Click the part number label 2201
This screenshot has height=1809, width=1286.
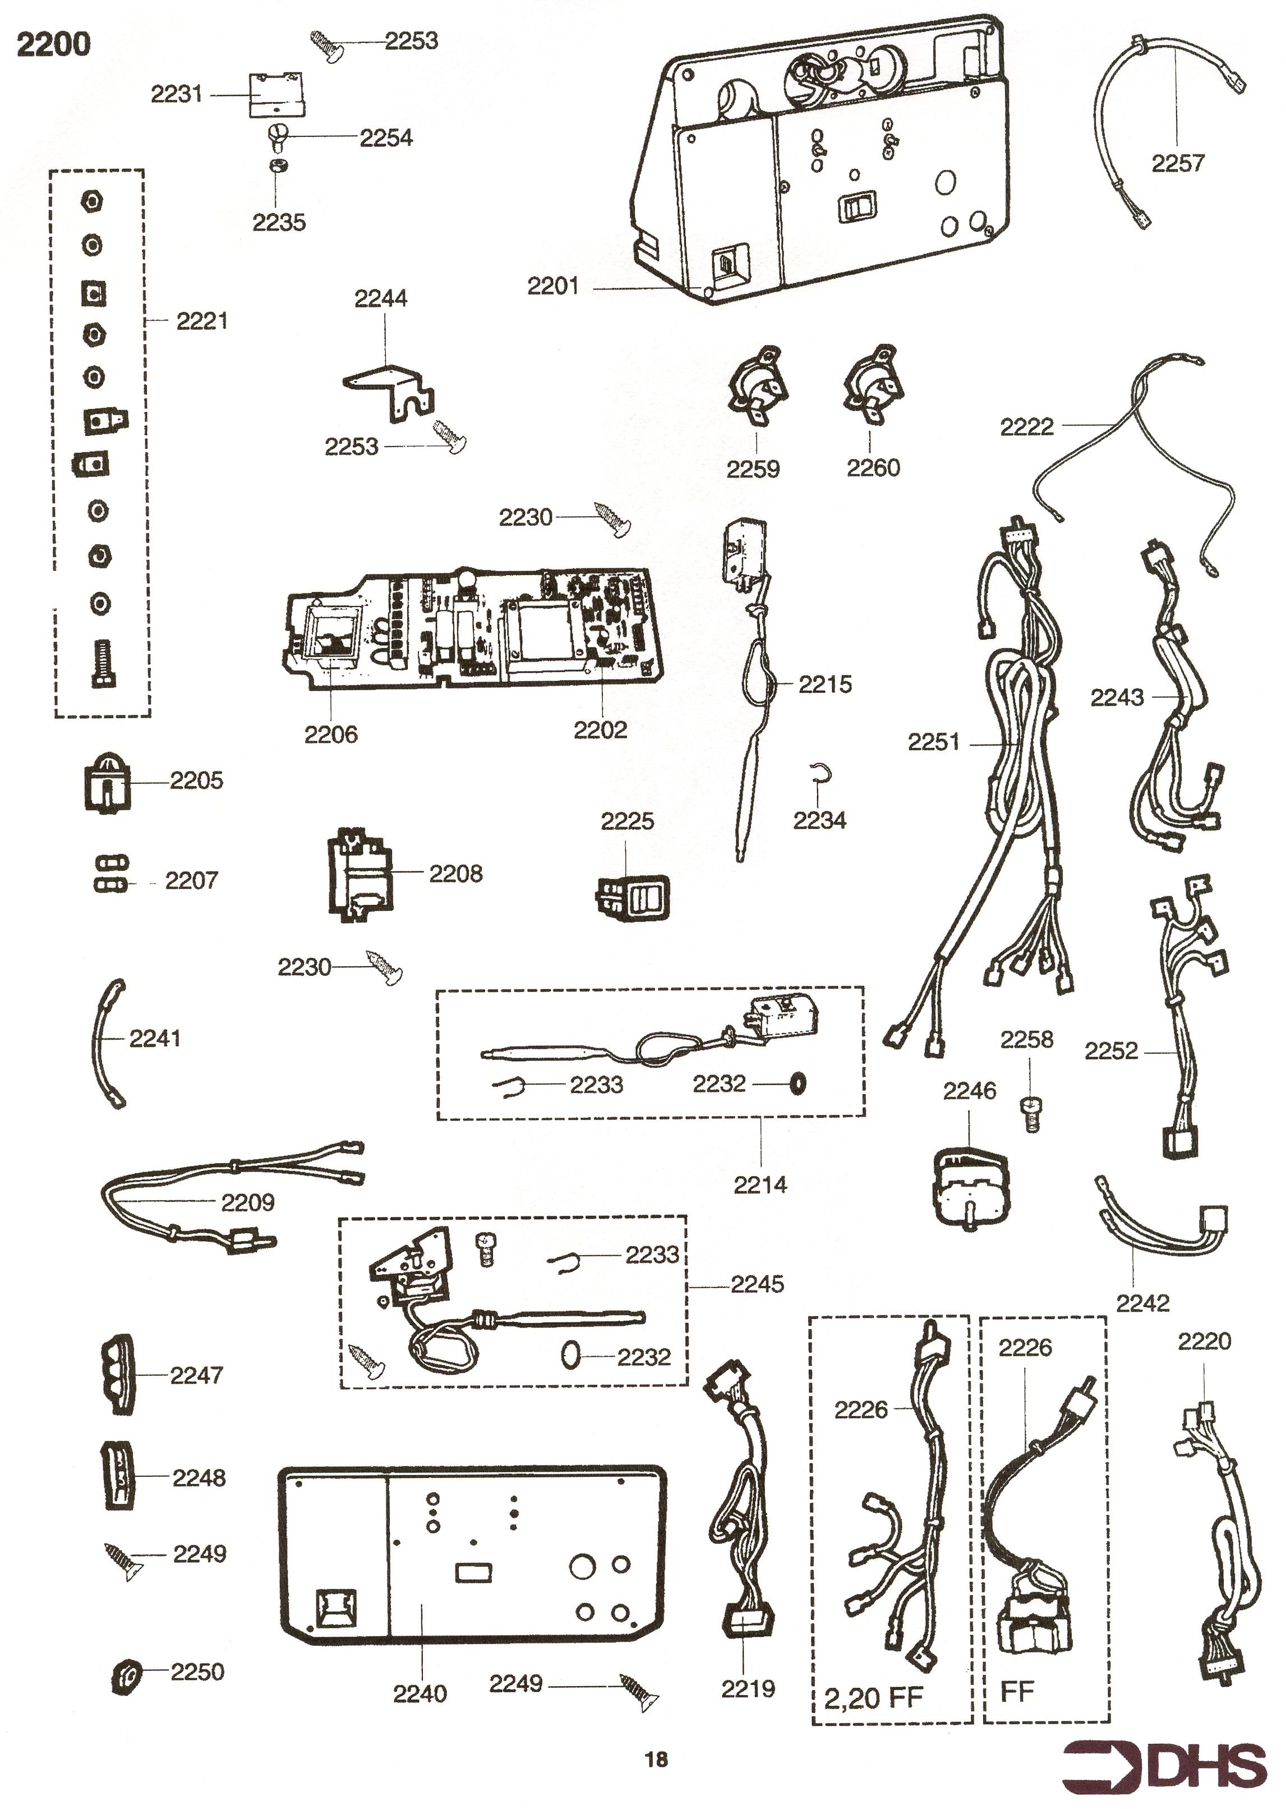(x=553, y=286)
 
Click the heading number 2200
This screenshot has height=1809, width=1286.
(x=53, y=44)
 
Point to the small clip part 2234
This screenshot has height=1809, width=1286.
(x=821, y=772)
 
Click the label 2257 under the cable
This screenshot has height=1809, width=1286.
(x=1178, y=164)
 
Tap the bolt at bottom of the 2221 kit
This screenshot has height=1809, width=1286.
(x=99, y=664)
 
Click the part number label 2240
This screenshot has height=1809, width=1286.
(x=420, y=1694)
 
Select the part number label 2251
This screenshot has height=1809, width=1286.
(x=934, y=742)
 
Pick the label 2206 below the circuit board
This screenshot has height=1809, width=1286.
(x=331, y=734)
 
